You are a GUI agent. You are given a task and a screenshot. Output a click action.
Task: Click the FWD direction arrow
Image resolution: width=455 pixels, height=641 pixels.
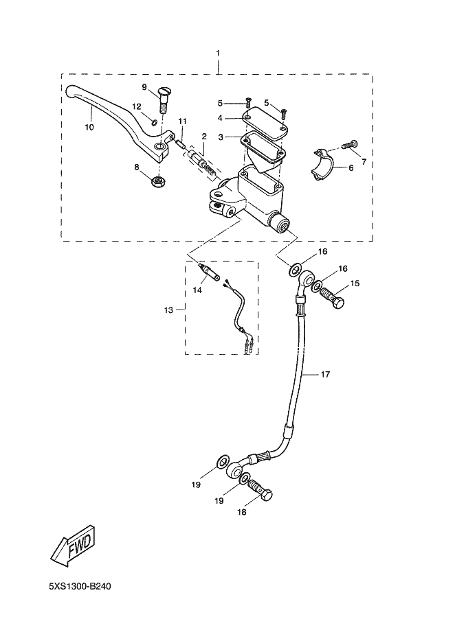[x=76, y=544]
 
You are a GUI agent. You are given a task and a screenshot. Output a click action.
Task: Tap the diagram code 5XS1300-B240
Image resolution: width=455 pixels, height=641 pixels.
[x=80, y=587]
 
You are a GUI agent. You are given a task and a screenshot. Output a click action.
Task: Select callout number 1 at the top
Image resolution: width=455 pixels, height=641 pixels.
[x=218, y=53]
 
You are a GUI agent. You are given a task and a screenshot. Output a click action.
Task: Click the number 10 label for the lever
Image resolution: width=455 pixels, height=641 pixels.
[x=89, y=127]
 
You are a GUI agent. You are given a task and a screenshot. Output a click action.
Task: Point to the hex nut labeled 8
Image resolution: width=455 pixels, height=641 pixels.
[x=155, y=182]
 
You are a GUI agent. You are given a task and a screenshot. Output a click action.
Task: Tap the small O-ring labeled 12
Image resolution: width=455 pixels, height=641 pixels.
[x=153, y=122]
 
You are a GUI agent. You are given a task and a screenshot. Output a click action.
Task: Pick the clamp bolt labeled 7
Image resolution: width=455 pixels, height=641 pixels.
[x=349, y=144]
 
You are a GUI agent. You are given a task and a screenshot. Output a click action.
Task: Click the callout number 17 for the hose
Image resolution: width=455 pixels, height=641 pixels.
[x=325, y=374]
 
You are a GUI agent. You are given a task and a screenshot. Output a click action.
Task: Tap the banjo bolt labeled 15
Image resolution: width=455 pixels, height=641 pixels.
[x=332, y=299]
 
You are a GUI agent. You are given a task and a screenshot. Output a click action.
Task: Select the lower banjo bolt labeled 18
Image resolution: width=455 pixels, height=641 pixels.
[x=260, y=490]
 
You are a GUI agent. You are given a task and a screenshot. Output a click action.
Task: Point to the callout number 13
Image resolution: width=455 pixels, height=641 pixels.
[x=168, y=310]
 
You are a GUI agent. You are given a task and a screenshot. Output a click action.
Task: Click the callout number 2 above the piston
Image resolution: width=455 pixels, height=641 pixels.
[x=204, y=136]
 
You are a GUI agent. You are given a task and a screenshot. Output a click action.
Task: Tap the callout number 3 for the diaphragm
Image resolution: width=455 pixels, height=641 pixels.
[x=221, y=137]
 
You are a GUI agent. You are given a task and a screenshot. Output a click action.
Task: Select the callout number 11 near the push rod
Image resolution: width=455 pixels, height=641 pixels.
[x=182, y=121]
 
